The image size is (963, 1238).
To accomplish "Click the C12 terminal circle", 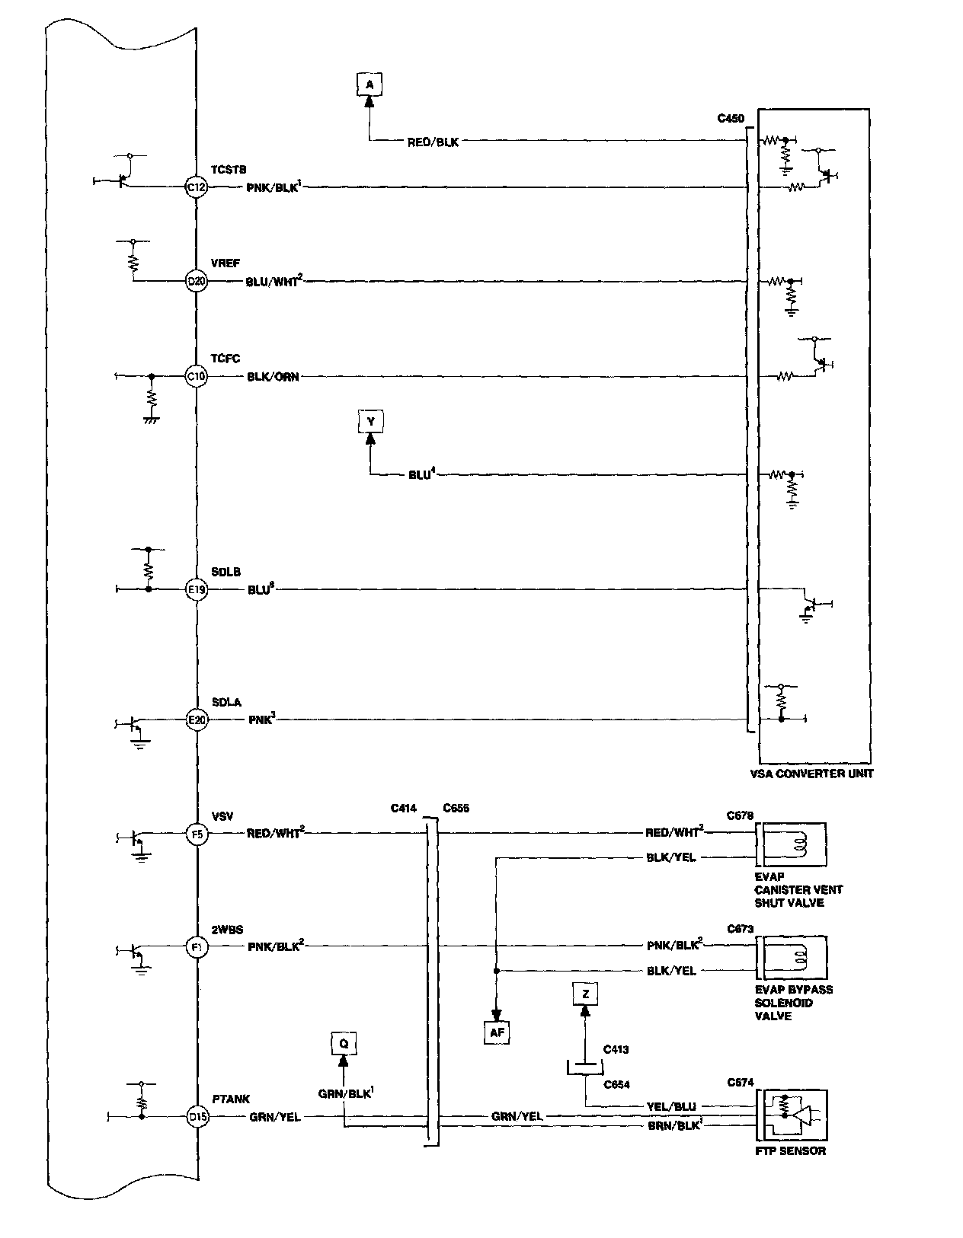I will [197, 187].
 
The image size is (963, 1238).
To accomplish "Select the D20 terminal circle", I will [197, 281].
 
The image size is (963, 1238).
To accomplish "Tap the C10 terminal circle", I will [197, 375].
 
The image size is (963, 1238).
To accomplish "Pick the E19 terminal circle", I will [197, 589].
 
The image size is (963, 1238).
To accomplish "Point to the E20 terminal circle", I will [197, 719].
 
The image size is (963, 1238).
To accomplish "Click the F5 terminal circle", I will [197, 834].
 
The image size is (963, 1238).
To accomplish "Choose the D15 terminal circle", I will [197, 1117].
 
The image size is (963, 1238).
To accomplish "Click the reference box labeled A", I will [370, 85].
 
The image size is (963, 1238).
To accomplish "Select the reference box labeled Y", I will [371, 422].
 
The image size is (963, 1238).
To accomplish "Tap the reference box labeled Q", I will [344, 1044].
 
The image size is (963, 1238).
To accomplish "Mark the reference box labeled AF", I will [497, 1033].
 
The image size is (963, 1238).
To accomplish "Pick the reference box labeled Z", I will [585, 994].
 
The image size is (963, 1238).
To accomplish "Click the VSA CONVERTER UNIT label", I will [811, 774].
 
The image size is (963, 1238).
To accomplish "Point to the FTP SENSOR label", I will [790, 1150].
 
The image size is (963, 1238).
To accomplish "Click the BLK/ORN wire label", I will [273, 376].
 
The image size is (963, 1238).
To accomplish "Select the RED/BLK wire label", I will [433, 142].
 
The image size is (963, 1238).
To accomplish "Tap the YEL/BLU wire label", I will [671, 1106].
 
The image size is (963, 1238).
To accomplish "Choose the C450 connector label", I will [731, 119].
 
